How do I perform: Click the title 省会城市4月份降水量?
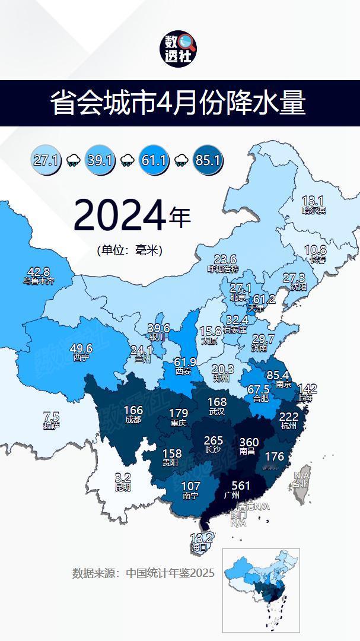[178, 103]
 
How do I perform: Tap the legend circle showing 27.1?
[45, 160]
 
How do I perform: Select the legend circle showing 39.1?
[100, 160]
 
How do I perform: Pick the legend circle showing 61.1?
[154, 160]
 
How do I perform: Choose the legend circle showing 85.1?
[208, 160]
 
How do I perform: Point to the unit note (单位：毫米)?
[129, 250]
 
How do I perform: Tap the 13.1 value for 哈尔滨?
[313, 201]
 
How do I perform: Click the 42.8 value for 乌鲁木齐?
[38, 271]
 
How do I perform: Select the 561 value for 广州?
[241, 485]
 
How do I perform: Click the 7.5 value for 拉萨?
[51, 416]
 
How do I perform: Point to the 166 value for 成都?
[133, 410]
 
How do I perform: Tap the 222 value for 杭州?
[289, 417]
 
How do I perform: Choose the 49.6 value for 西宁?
[81, 348]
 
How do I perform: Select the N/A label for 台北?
[301, 475]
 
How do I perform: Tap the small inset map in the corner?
[261, 590]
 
